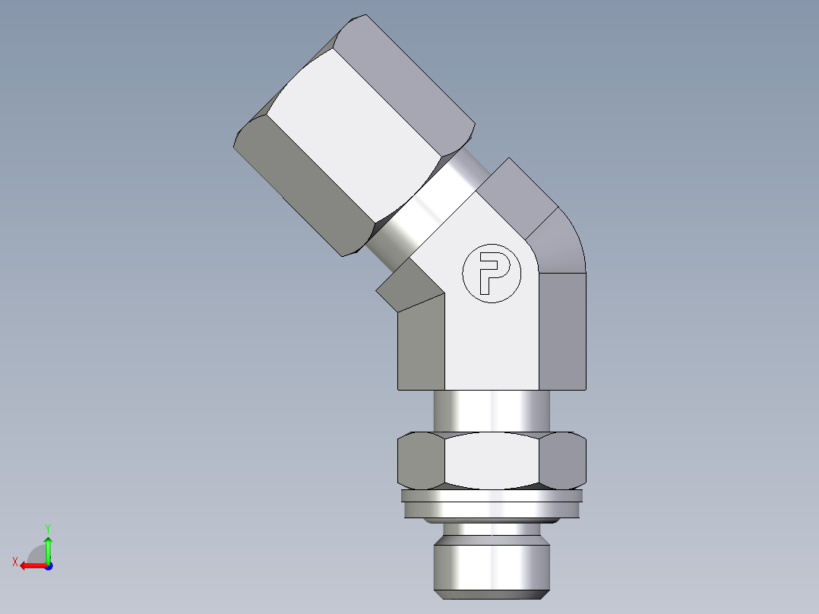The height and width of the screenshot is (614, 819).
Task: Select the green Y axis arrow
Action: [48, 549]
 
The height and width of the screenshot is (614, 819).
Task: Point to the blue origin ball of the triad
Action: [48, 565]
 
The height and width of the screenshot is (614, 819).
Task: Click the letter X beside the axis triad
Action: [14, 562]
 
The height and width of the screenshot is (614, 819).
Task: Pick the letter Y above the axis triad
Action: [47, 527]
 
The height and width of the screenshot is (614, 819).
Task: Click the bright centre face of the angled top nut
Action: [357, 137]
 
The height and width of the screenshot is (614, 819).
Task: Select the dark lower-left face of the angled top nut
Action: [304, 190]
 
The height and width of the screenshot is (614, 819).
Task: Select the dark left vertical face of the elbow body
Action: [421, 346]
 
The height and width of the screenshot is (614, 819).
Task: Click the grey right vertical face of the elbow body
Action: [562, 331]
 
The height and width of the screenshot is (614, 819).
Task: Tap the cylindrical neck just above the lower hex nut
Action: [492, 410]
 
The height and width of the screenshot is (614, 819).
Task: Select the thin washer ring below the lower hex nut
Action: [492, 505]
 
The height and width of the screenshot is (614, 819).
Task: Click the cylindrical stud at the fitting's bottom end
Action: [492, 562]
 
